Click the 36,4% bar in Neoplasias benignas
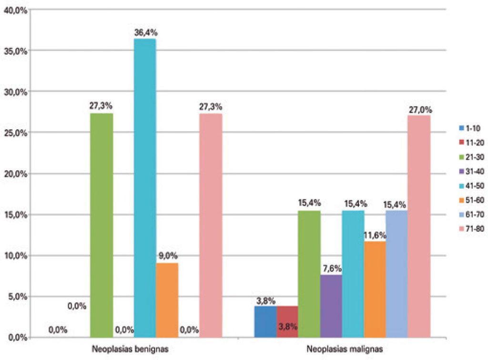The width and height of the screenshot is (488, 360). point(144,188)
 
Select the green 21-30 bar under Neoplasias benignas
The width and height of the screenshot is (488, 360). point(101,225)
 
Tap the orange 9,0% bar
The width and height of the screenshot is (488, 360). point(167,300)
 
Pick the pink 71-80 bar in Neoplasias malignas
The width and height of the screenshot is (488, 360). point(419,226)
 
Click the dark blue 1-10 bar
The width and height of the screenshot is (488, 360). point(265,321)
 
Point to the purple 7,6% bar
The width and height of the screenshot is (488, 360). point(331,306)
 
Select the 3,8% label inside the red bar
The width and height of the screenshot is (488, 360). point(287,327)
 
